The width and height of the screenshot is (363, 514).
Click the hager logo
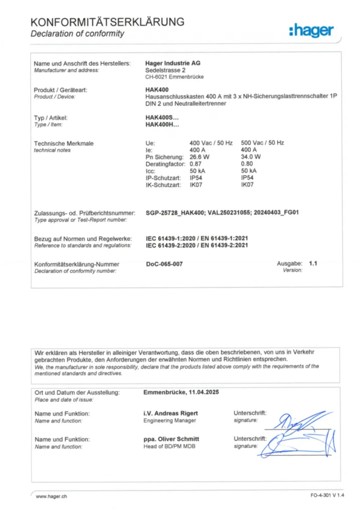[311, 31]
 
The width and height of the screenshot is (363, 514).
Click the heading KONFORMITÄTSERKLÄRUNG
[107, 22]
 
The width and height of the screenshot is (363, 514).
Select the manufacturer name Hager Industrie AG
[172, 63]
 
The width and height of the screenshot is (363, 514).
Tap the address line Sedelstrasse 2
[165, 70]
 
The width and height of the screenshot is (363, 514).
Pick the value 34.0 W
[251, 157]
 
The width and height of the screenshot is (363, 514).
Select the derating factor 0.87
[196, 164]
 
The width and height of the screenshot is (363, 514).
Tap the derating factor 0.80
[247, 164]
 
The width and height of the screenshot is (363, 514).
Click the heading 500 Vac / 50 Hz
[262, 143]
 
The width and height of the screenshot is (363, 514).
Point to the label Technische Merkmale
[64, 144]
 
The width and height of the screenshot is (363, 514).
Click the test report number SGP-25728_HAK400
[174, 213]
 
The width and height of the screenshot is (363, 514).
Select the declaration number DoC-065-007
[164, 264]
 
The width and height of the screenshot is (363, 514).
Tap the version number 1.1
[313, 263]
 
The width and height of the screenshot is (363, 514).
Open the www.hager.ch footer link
[52, 496]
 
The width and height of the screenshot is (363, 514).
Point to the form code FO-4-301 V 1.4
[328, 496]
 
